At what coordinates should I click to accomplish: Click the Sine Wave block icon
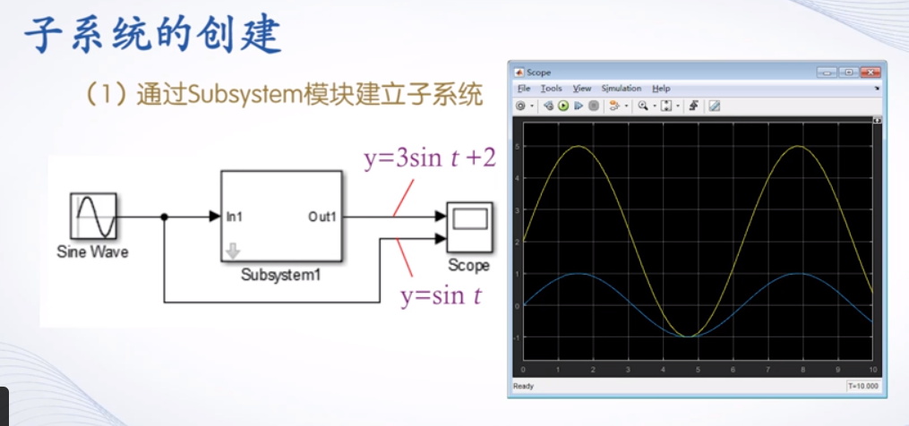[93, 216]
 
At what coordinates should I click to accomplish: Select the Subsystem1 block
[281, 216]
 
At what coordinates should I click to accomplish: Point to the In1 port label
[235, 216]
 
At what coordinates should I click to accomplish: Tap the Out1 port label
[322, 216]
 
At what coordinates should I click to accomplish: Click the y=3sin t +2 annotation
[429, 159]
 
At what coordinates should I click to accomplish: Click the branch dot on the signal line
[164, 216]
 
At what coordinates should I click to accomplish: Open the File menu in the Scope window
[523, 89]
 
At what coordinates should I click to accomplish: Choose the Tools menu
[551, 89]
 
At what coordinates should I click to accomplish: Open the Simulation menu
[621, 89]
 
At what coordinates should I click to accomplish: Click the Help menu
[661, 89]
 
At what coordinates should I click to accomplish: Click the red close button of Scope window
[868, 72]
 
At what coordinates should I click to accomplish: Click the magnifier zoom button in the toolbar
[643, 106]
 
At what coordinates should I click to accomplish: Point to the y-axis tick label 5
[518, 146]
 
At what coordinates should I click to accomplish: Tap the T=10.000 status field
[863, 387]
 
